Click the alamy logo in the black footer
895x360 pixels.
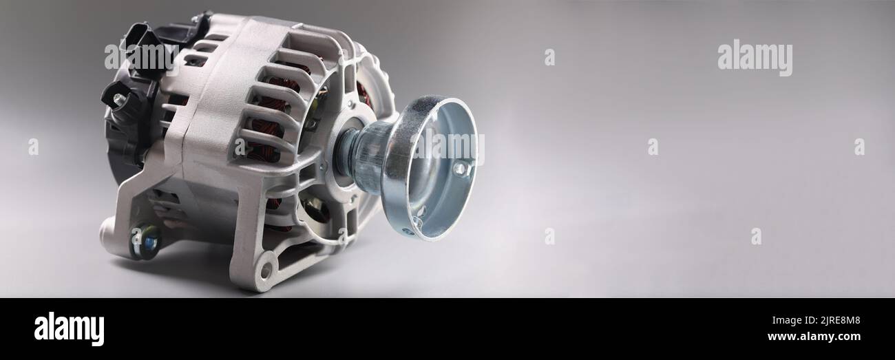click(x=69, y=329)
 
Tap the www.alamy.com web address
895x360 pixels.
click(x=813, y=337)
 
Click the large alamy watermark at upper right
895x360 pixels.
click(x=755, y=58)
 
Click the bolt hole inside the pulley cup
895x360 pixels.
click(x=459, y=168)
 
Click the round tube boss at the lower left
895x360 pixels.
click(x=109, y=227)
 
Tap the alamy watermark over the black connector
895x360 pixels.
click(x=140, y=58)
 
